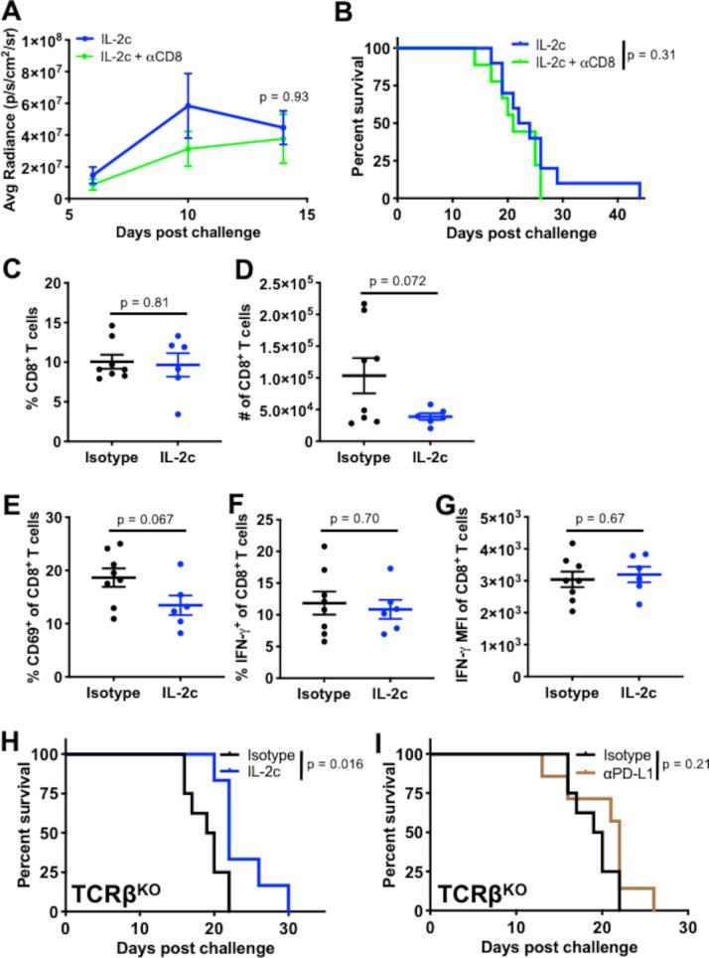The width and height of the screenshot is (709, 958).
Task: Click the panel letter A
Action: coord(14,14)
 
